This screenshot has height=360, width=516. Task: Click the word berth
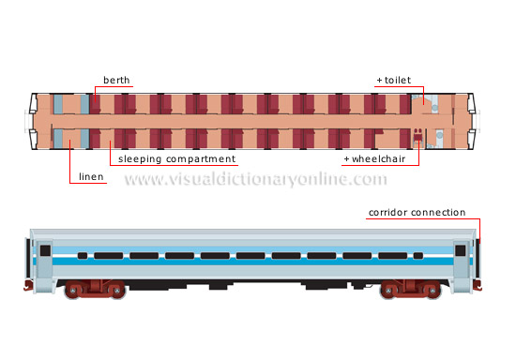point(117,81)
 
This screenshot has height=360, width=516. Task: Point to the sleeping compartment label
point(176,159)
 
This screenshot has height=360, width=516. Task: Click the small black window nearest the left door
point(83,255)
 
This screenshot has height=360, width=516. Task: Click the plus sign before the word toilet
point(379,81)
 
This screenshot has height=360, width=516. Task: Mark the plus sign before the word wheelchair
point(346,159)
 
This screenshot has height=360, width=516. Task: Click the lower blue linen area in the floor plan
point(72,139)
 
